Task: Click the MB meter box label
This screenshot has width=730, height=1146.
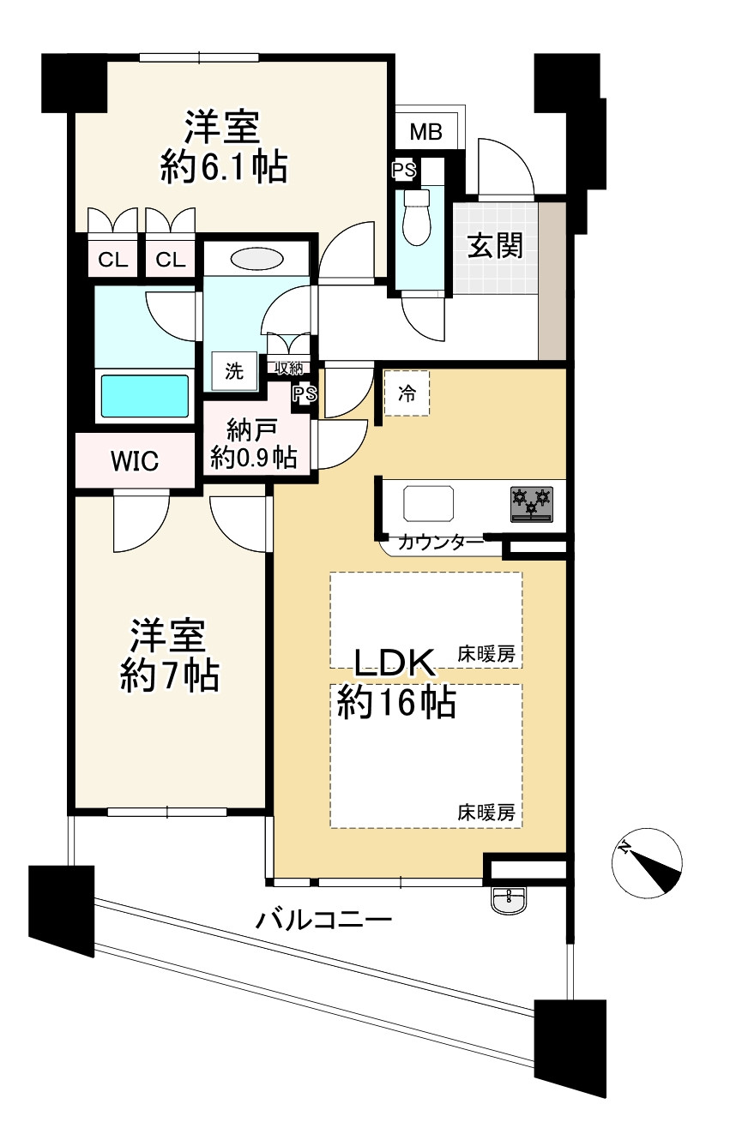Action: [425, 132]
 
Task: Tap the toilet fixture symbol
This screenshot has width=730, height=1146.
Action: [416, 214]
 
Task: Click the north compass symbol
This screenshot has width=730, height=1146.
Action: [649, 864]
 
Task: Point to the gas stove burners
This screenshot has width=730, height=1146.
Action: [532, 503]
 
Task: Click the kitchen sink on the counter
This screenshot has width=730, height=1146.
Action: [429, 502]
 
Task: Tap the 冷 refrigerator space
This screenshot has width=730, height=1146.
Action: [407, 394]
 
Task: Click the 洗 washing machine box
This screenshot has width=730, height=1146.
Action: [234, 371]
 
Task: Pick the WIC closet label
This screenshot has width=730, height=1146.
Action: [134, 461]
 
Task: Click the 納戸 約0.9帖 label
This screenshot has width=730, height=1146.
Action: [254, 443]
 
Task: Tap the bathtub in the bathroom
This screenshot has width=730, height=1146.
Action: [145, 395]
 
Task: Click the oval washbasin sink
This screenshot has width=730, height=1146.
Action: [255, 258]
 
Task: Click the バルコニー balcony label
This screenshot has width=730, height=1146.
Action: [324, 921]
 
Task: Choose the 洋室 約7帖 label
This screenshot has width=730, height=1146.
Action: [168, 656]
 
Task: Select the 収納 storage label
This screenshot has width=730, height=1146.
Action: [288, 367]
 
